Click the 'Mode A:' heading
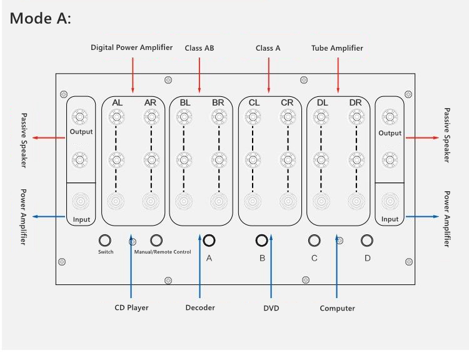click(x=41, y=19)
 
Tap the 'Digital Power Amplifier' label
click(x=131, y=47)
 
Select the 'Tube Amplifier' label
click(x=337, y=48)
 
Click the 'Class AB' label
click(x=199, y=48)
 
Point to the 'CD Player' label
click(x=131, y=307)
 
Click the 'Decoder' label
click(x=200, y=307)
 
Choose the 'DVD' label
click(x=271, y=308)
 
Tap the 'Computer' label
click(x=337, y=308)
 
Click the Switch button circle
click(x=105, y=240)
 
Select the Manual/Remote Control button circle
click(x=156, y=240)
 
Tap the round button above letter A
click(x=209, y=240)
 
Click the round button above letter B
click(x=262, y=240)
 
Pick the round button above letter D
click(x=367, y=240)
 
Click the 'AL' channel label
click(x=117, y=102)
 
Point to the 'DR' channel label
click(x=355, y=102)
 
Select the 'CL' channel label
click(x=254, y=102)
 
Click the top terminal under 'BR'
click(x=218, y=116)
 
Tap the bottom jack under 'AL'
click(x=116, y=201)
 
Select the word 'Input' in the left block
click(x=81, y=219)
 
